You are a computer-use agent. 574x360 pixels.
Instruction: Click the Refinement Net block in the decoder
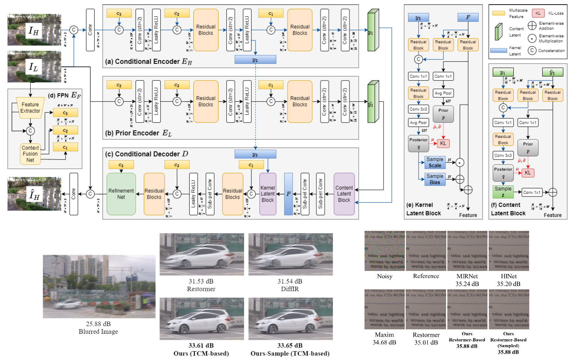[x=121, y=194]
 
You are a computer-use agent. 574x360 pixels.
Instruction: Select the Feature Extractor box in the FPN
[x=30, y=108]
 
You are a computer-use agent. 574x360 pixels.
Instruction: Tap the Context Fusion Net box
[x=30, y=154]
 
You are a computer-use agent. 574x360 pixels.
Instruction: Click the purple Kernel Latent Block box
[x=268, y=194]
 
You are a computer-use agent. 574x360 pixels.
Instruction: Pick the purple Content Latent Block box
[x=344, y=194]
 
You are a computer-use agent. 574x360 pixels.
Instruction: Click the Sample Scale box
[x=435, y=162]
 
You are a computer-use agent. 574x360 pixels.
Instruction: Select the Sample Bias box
[x=435, y=179]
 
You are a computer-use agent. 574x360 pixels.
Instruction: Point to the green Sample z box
[x=503, y=192]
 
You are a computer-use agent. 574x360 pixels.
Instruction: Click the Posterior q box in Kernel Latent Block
[x=418, y=143]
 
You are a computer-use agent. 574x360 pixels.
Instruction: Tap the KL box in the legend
[x=538, y=13]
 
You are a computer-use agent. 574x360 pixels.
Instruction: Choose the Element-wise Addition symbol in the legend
[x=532, y=25]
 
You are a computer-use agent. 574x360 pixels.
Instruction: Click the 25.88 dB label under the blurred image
[x=98, y=324]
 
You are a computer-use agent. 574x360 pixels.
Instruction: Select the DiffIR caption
[x=290, y=289]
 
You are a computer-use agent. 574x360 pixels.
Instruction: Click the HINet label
[x=509, y=276]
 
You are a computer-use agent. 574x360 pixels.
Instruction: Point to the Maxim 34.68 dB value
[x=385, y=342]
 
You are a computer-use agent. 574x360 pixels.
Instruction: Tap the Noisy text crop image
[x=385, y=251]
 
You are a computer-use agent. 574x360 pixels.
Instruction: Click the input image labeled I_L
[x=34, y=67]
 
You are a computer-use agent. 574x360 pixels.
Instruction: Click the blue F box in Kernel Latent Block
[x=468, y=17]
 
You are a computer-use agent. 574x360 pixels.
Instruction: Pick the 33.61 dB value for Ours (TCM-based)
[x=201, y=346]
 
